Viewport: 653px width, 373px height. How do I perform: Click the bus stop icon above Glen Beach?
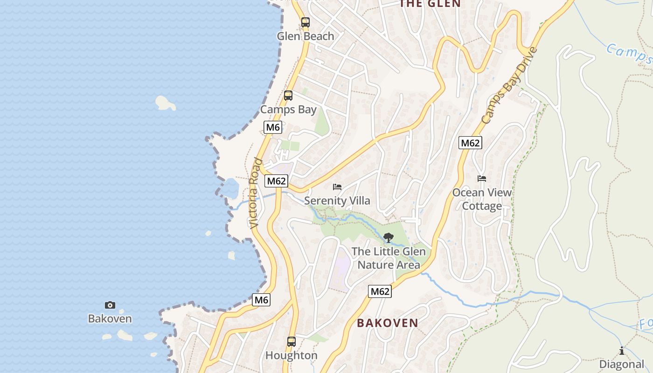click(306, 22)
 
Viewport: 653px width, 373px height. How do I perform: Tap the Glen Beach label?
click(306, 36)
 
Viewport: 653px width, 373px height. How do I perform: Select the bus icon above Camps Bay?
click(288, 96)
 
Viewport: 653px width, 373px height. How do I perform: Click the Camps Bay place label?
click(288, 110)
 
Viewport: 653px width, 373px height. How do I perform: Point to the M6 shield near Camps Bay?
click(272, 127)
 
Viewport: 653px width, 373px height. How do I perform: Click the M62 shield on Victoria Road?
click(276, 181)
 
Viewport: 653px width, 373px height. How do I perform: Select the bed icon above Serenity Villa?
click(337, 187)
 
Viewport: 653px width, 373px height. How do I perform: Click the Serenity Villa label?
click(337, 201)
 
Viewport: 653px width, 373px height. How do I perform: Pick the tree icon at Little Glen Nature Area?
click(388, 238)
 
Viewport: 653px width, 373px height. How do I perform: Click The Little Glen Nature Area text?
click(389, 258)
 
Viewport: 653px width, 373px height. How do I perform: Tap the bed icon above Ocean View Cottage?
click(482, 179)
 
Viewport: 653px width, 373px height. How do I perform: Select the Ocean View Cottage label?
click(482, 199)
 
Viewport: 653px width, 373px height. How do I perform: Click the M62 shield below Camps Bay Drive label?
click(470, 143)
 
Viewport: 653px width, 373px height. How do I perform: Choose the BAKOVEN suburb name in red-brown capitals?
click(388, 323)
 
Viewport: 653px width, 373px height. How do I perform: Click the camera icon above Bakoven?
click(110, 305)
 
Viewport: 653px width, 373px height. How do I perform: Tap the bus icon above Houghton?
click(292, 341)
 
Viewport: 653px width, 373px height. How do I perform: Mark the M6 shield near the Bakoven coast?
click(261, 300)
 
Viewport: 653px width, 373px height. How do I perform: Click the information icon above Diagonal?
click(621, 351)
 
